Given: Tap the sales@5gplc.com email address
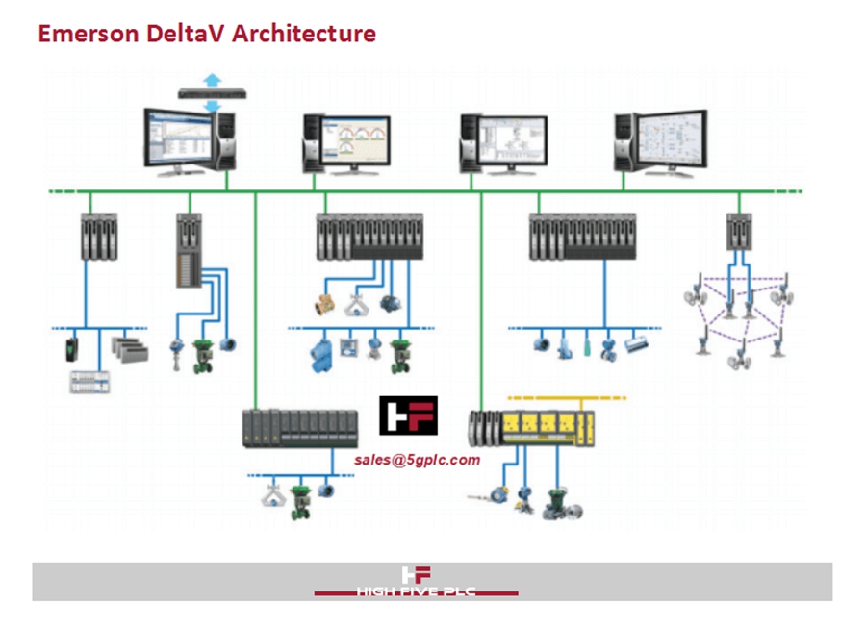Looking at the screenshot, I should tap(417, 460).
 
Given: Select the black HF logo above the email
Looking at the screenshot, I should tap(408, 415).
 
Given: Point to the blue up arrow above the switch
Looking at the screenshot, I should tap(213, 79).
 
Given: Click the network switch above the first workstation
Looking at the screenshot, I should tap(213, 93).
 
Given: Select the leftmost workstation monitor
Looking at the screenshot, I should tap(178, 139).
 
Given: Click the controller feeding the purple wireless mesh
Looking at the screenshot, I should tap(739, 232).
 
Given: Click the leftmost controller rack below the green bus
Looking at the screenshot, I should tap(98, 237).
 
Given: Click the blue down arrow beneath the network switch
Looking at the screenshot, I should tap(213, 106).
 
